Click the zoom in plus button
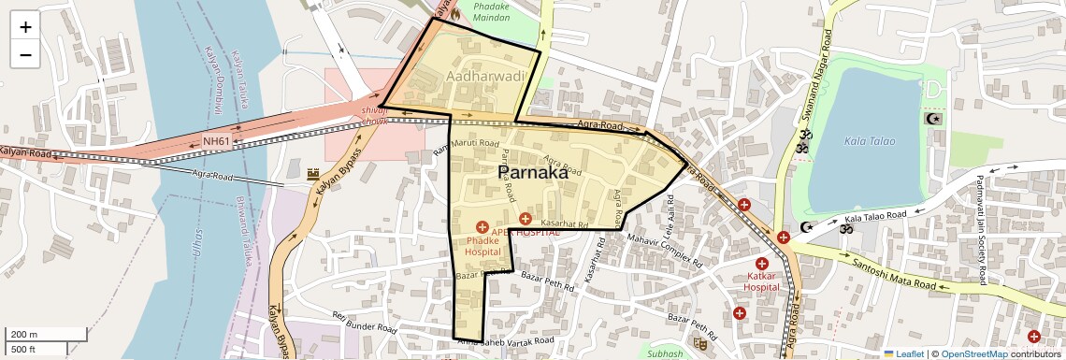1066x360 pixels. tap(25, 27)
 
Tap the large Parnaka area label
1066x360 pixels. tap(532, 173)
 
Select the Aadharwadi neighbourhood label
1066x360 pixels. tap(480, 74)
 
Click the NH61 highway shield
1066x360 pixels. tap(216, 141)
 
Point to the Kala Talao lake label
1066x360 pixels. tap(869, 141)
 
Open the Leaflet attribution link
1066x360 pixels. tap(903, 353)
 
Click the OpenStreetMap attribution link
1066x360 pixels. tap(973, 353)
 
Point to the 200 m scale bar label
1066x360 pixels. tap(25, 335)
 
